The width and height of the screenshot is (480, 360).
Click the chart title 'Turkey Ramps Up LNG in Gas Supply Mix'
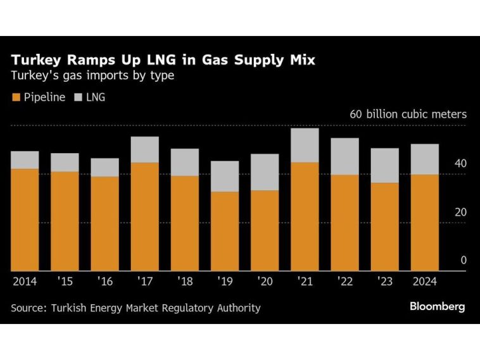point(163,61)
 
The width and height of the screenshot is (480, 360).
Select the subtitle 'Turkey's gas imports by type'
point(92,77)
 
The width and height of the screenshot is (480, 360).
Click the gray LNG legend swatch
point(79,97)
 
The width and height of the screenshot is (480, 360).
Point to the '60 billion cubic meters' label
point(408,115)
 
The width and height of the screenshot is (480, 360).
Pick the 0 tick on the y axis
point(464,260)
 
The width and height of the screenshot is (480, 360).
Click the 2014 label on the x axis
point(25,280)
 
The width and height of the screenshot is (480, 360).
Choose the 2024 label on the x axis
point(425,280)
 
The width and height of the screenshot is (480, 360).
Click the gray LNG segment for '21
point(305,145)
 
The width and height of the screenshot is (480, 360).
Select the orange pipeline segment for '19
point(225,231)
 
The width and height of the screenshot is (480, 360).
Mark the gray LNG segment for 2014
point(25,160)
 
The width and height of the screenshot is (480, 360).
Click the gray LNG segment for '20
point(265,172)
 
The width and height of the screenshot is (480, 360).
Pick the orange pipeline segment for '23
point(385,227)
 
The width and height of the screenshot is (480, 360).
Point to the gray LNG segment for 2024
point(425,159)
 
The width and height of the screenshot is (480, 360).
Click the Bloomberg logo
point(437,307)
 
